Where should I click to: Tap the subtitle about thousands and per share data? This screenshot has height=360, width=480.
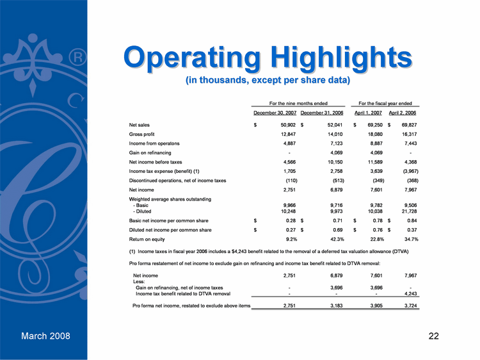coord(268,81)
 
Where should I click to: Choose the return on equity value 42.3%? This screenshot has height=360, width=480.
coord(333,239)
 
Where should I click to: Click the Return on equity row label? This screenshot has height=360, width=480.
coord(147,239)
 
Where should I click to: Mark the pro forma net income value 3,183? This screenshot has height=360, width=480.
coord(333,306)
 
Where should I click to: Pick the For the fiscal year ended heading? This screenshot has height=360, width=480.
coord(386,102)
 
